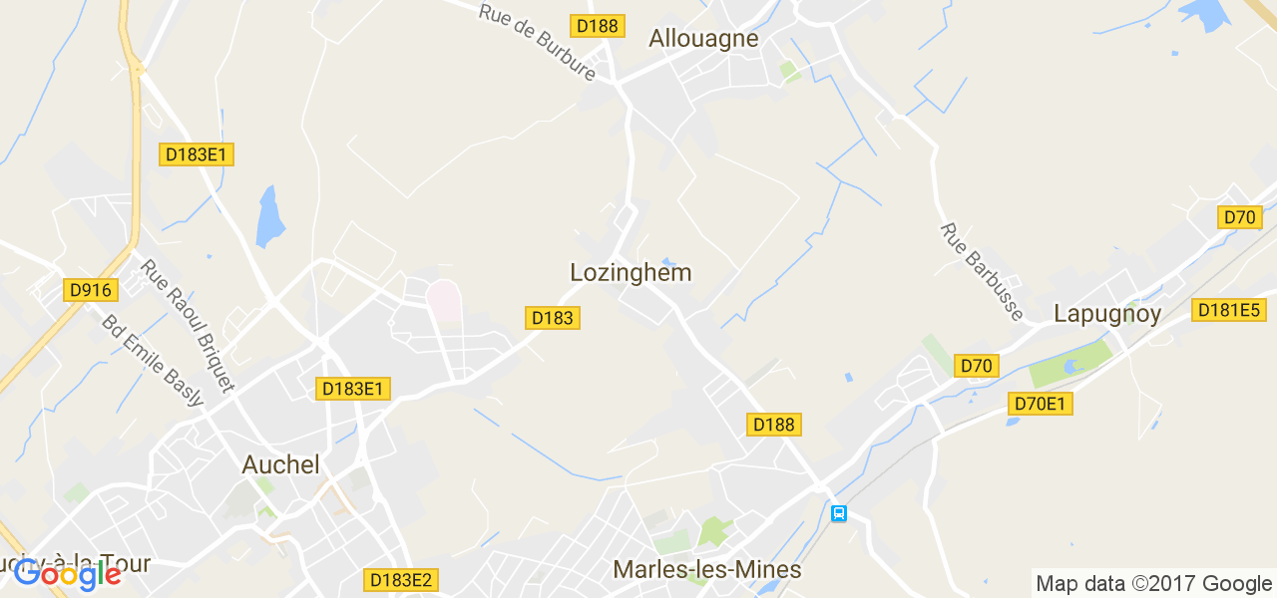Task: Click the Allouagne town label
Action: (703, 39)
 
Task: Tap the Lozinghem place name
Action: (631, 272)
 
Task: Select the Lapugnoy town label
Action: (1107, 314)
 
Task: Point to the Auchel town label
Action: (281, 464)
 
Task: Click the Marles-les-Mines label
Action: (707, 570)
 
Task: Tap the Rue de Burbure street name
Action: (537, 43)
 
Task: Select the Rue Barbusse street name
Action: (982, 271)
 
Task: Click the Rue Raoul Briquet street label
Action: (188, 325)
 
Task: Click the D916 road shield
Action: (91, 290)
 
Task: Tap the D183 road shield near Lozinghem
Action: (553, 318)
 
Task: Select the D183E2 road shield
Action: (402, 579)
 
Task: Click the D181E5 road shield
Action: (1228, 310)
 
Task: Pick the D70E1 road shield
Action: (1040, 404)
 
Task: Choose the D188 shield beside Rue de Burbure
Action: (598, 26)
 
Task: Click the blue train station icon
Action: (839, 513)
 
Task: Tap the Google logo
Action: (68, 574)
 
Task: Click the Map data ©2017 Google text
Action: (1153, 584)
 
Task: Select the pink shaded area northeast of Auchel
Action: (445, 300)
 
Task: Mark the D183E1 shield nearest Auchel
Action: (352, 389)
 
